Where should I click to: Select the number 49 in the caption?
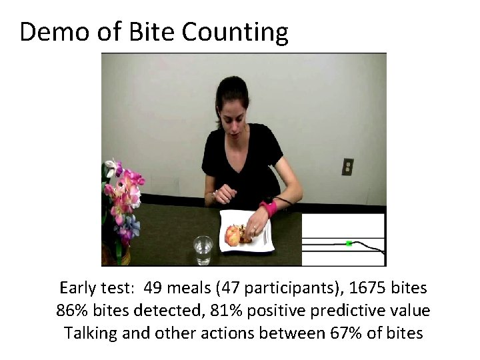(154, 288)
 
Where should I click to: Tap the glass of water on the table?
(203, 250)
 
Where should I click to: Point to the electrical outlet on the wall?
(347, 167)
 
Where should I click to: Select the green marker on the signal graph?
(349, 244)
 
